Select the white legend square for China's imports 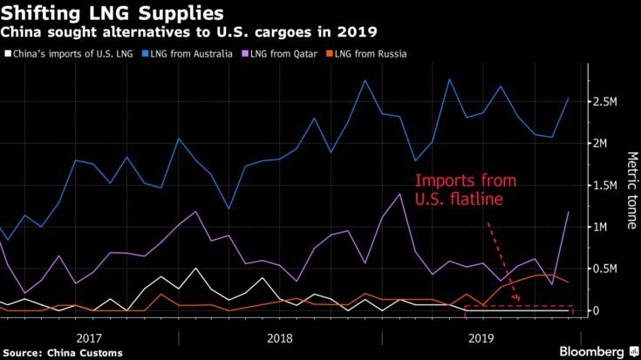point(8,55)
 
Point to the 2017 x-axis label point(90,336)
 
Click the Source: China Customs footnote point(61,351)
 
